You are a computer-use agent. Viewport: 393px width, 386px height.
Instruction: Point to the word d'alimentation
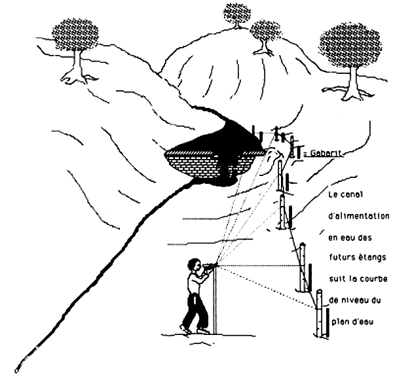coord(358,215)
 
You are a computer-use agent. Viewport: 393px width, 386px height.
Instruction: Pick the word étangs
coord(369,251)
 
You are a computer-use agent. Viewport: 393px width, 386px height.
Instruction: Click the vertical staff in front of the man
coord(215,301)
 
